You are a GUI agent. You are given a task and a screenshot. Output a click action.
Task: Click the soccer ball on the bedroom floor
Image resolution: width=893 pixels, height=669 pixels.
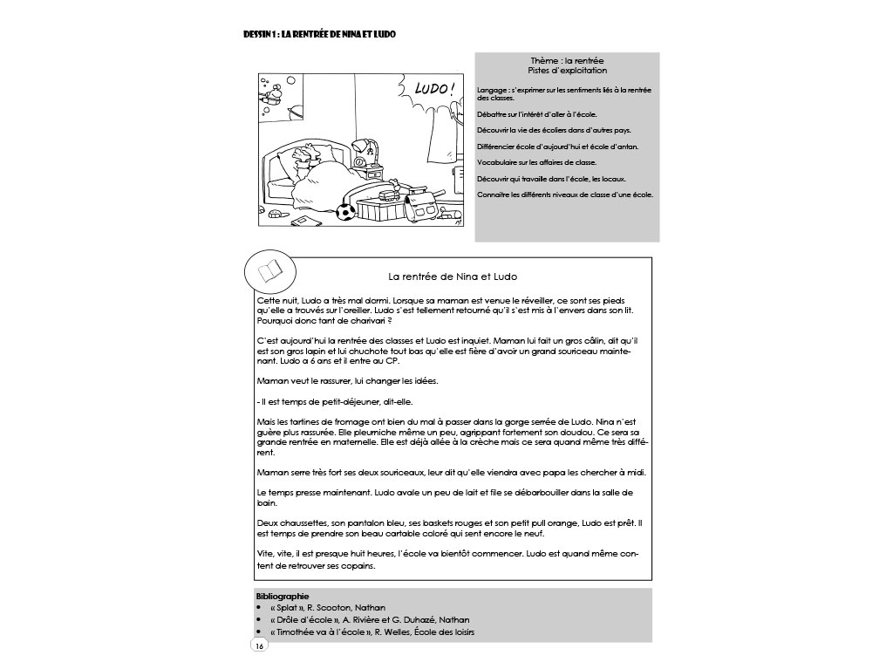347,211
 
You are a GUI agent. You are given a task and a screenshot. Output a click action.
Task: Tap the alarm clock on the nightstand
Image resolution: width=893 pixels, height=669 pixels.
360,160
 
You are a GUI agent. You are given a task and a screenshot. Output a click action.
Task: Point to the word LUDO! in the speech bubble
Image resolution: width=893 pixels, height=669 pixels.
433,89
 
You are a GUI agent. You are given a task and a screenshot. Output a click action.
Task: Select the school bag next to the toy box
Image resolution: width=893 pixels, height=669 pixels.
425,208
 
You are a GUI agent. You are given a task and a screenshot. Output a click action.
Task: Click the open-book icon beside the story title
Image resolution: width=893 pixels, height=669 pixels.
269,273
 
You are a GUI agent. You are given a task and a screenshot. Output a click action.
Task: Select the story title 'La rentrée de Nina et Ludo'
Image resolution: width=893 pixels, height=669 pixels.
453,276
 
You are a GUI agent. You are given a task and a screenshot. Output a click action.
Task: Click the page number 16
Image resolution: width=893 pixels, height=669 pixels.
259,645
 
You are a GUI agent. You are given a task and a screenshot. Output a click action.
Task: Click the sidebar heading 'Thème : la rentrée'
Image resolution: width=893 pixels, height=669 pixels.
567,61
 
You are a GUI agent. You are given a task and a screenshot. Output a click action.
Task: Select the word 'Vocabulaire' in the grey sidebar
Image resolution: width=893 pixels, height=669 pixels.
500,162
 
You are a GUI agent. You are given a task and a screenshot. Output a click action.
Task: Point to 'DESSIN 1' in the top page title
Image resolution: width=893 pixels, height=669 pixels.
262,34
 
